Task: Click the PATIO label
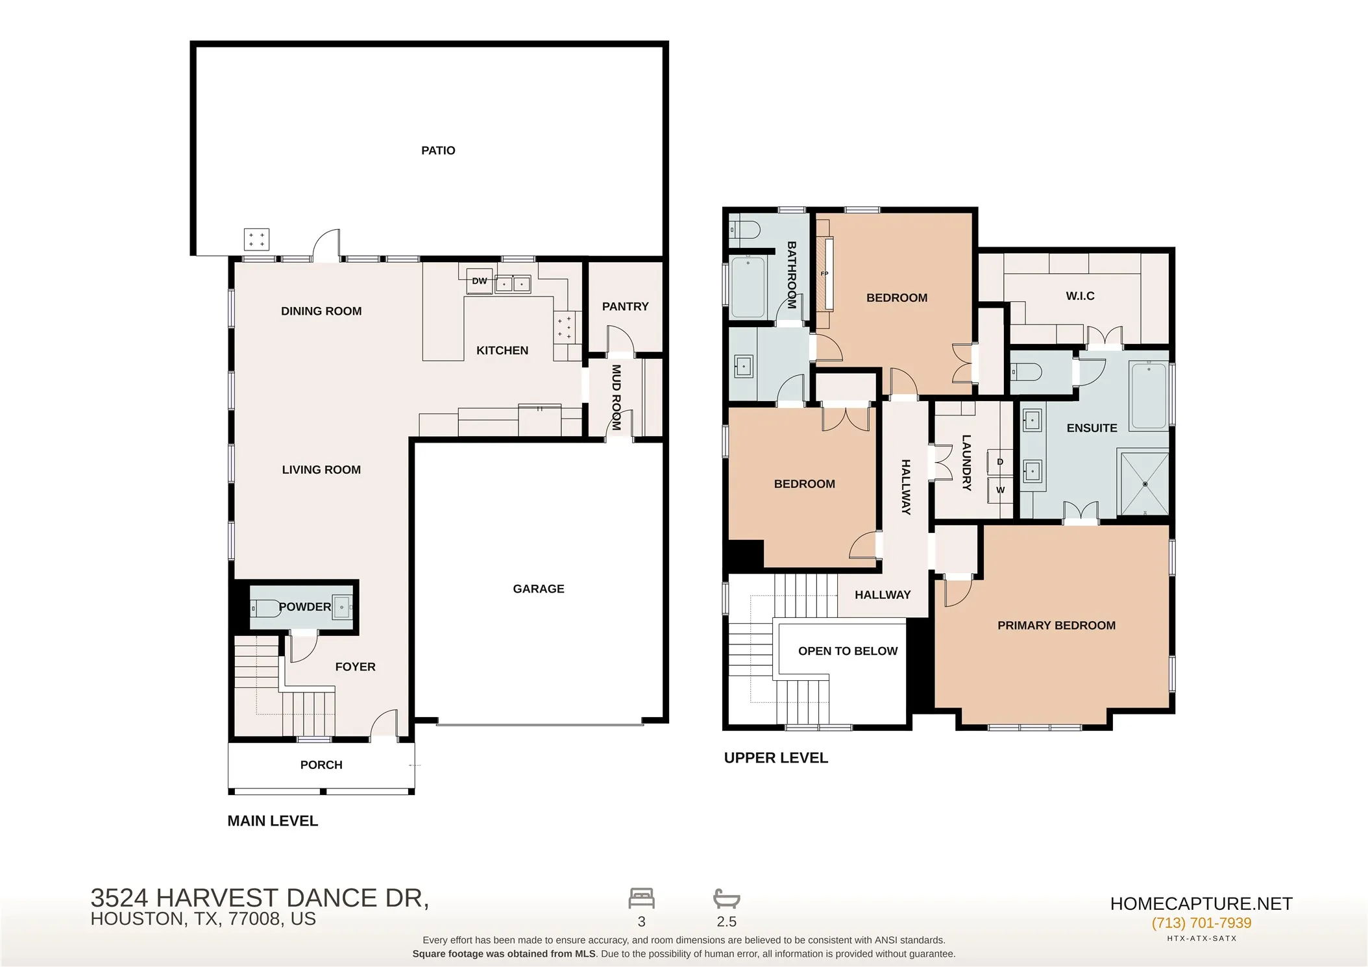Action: (438, 151)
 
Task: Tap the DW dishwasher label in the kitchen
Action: (480, 281)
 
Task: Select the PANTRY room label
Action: (625, 306)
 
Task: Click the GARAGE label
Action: (539, 589)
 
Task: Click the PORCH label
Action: (321, 765)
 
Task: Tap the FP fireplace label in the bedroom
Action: (824, 274)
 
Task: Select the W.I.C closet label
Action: (1080, 296)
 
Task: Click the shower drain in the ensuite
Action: (1145, 484)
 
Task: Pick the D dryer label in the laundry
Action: (1000, 462)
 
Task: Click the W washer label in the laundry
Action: (1000, 490)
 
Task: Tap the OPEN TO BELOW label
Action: (848, 651)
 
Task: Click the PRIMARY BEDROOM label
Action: (1057, 625)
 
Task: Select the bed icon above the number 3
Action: (641, 898)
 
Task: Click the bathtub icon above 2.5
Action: (727, 899)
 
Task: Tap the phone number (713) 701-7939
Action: (1201, 923)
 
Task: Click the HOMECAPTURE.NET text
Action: (1201, 903)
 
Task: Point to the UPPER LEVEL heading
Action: (776, 758)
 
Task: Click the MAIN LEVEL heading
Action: (273, 821)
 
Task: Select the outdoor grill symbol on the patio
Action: (256, 239)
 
